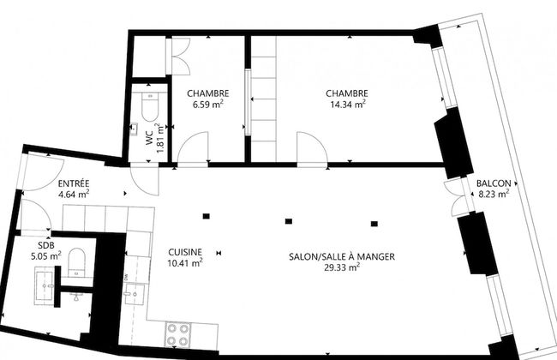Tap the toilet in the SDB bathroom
[77, 262]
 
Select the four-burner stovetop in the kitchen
[178, 335]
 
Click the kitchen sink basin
[135, 294]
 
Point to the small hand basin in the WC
[134, 129]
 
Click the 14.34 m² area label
[347, 104]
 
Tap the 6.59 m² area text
[208, 104]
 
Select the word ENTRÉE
[74, 183]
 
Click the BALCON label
[494, 183]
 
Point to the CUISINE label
[185, 252]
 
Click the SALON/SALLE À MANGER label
[342, 256]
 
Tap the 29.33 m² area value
[342, 267]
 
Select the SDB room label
[46, 245]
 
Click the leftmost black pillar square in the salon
[206, 216]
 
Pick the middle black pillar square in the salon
[289, 221]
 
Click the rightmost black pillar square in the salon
[374, 224]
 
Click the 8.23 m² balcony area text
[494, 194]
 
